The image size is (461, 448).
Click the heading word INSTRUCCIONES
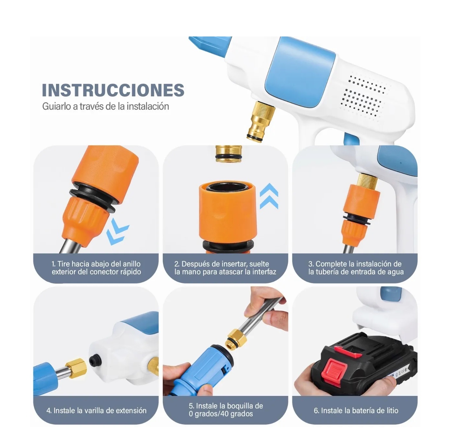(x=113, y=90)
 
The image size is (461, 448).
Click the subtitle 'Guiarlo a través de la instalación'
(x=105, y=106)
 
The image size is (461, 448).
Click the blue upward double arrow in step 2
(x=269, y=196)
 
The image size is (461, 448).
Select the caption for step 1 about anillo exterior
(x=96, y=268)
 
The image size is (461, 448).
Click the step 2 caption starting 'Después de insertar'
(x=225, y=268)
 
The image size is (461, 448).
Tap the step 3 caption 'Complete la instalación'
(x=356, y=268)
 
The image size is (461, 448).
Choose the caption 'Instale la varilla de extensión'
(x=96, y=411)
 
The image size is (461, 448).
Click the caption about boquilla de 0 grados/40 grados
(x=225, y=410)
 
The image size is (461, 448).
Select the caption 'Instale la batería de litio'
(x=356, y=411)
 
